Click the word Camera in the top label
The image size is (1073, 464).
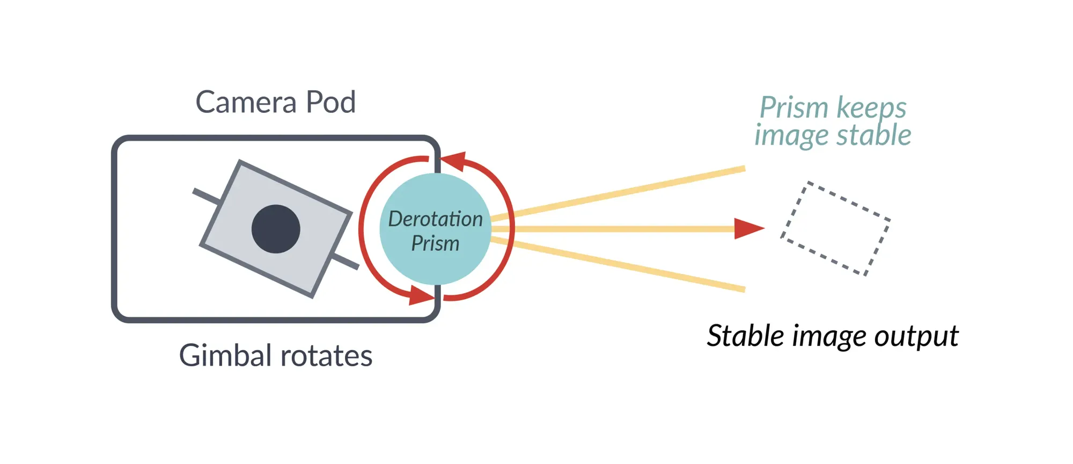(246, 102)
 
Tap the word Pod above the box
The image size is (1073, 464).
(330, 102)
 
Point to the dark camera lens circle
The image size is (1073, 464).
(276, 229)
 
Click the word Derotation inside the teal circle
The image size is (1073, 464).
(435, 219)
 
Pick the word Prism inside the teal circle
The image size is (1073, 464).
(435, 244)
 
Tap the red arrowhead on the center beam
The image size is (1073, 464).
(748, 229)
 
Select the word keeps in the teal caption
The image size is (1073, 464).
(871, 108)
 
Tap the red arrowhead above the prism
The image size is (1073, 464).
(454, 161)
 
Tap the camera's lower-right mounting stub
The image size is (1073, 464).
(346, 263)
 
